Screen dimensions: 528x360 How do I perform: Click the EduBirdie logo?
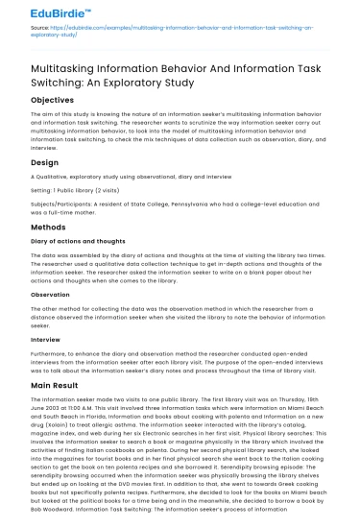click(37, 13)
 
